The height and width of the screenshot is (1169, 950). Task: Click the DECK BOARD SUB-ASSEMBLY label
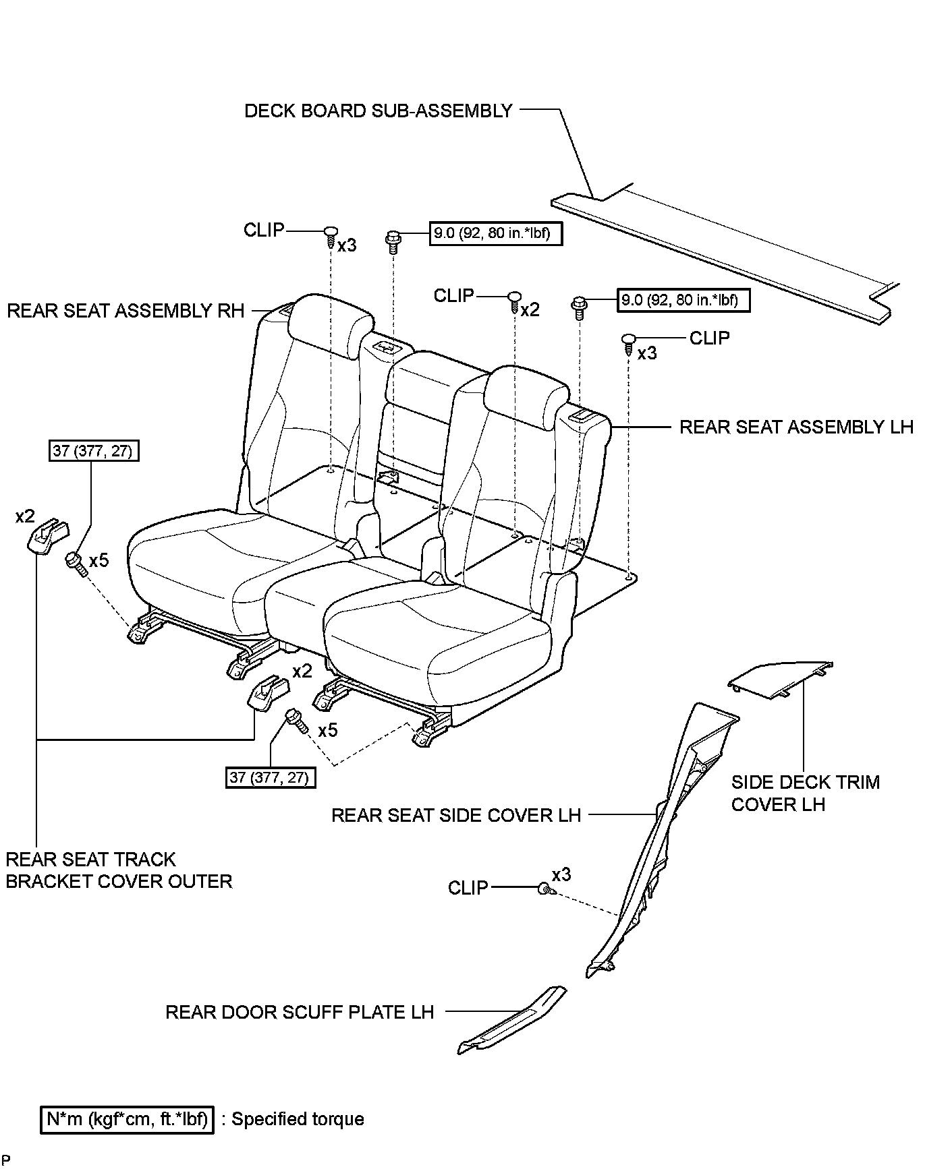click(378, 111)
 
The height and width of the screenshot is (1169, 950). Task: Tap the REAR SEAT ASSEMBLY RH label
click(125, 311)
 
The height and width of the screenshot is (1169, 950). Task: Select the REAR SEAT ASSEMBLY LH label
click(796, 427)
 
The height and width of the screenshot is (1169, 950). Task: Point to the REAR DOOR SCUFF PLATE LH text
click(299, 1012)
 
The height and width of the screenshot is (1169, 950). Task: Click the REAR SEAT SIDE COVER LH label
click(456, 815)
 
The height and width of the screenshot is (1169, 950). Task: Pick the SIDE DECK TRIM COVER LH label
click(806, 793)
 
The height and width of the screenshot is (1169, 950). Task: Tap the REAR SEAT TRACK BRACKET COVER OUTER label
click(119, 870)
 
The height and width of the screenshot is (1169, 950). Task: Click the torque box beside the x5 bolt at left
click(94, 450)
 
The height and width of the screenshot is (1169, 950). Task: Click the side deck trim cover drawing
click(779, 678)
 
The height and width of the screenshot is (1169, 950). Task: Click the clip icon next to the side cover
click(544, 889)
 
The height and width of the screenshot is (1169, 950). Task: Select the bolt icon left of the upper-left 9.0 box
click(393, 241)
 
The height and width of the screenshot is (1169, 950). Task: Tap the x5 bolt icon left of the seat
click(76, 563)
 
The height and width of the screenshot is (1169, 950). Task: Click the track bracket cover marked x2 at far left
click(46, 536)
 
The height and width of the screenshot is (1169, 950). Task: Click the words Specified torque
click(298, 1120)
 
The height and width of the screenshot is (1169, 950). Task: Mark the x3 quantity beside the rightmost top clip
click(646, 353)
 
